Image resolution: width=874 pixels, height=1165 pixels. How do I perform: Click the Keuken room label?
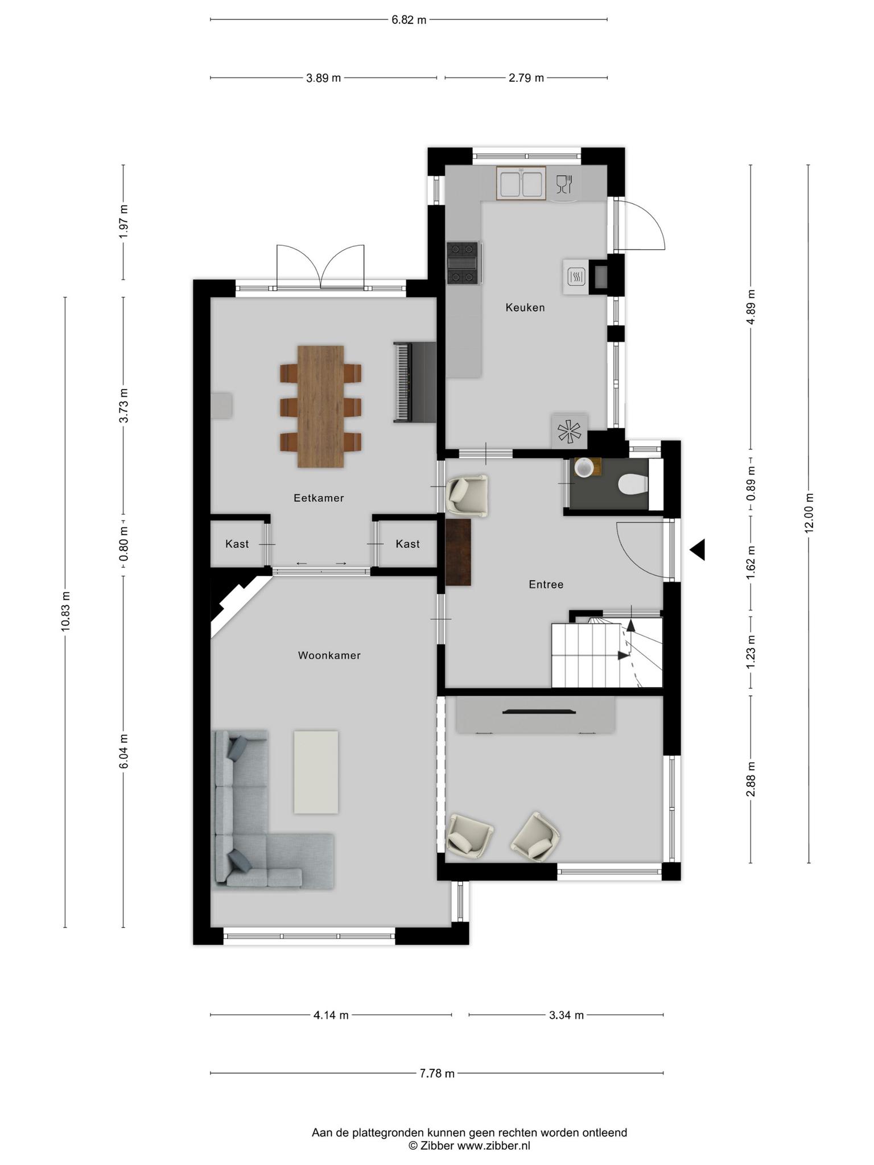pos(525,308)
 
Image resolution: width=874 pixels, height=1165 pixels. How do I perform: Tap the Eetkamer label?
pos(319,498)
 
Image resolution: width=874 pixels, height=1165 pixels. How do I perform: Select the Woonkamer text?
pos(329,655)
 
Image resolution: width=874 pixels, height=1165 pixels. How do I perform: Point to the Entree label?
pos(546,584)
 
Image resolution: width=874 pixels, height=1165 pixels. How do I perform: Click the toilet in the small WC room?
pos(633,484)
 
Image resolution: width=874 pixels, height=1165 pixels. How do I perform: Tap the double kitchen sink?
pos(521,183)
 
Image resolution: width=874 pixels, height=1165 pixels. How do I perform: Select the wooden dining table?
pos(321,406)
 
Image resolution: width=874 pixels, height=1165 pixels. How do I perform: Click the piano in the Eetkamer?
pos(414,382)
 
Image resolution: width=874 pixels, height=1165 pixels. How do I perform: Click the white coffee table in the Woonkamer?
pos(316,772)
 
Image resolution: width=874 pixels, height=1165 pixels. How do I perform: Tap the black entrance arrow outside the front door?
pos(698,550)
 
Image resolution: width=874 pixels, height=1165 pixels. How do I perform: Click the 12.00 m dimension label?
pos(809,513)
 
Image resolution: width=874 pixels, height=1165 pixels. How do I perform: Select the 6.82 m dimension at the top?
pos(409,20)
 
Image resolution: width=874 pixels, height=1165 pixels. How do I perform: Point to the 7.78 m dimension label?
pos(437,1073)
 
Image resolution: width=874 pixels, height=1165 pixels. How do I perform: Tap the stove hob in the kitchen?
pos(464,263)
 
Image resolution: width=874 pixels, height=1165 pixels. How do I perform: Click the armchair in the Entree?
pos(468,496)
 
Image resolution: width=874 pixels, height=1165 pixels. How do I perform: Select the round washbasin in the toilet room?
pos(584,468)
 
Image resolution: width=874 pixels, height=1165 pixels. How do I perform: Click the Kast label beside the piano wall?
pos(407,544)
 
